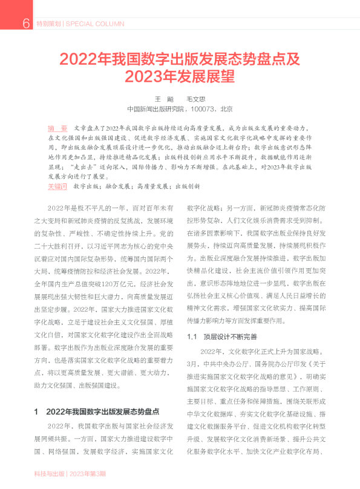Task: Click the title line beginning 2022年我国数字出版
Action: [x=180, y=60]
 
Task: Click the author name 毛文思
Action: [x=196, y=99]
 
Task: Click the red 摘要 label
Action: [x=57, y=128]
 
